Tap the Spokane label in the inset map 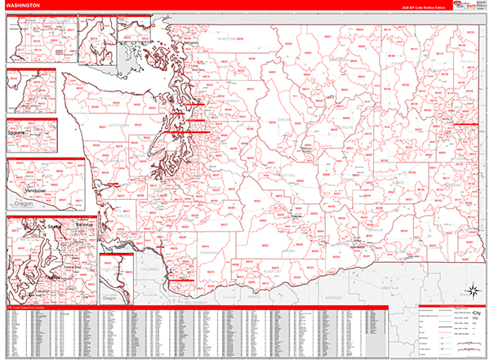[x=16, y=131]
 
